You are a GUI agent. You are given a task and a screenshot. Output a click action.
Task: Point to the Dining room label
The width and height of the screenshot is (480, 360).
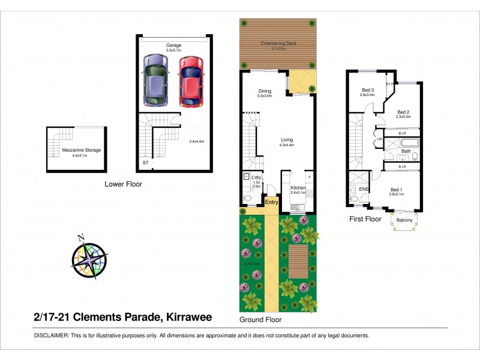point(265,92)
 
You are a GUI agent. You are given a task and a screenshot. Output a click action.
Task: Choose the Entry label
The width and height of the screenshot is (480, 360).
point(272,202)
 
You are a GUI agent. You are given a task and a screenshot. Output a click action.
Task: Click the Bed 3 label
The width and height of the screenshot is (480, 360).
point(367,91)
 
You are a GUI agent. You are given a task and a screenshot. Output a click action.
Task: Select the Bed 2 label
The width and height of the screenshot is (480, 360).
point(403,112)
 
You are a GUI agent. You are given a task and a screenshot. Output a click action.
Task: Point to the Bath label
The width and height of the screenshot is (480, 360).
point(406,151)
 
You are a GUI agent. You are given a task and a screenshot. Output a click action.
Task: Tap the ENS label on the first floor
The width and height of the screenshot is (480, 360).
point(364,189)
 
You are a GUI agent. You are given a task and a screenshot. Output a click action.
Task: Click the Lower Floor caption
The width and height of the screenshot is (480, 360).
point(124,184)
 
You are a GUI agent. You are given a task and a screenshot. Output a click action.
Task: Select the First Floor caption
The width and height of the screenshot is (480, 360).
point(365,219)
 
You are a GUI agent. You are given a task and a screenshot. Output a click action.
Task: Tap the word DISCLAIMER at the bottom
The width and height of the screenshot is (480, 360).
point(51,335)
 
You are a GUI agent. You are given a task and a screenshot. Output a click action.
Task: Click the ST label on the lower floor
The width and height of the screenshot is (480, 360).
point(146,163)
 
